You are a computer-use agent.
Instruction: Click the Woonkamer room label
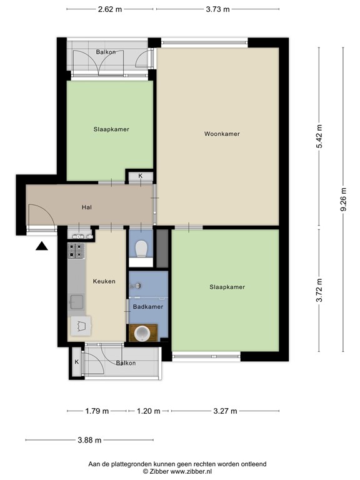(222, 134)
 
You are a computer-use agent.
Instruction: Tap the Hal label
(87, 207)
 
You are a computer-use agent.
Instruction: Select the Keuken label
(104, 281)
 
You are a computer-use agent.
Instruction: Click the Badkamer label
(148, 307)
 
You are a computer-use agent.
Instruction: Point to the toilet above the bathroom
(142, 248)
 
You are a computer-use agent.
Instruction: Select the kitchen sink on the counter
(77, 302)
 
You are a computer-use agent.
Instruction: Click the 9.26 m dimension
(343, 201)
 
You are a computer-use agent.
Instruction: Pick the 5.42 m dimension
(319, 136)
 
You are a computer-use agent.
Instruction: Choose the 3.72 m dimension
(319, 290)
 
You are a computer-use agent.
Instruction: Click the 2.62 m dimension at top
(110, 9)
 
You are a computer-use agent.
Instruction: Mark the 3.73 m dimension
(217, 9)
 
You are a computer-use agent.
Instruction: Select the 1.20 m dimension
(148, 411)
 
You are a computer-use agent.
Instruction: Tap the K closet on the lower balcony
(77, 362)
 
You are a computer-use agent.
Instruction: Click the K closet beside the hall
(140, 176)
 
